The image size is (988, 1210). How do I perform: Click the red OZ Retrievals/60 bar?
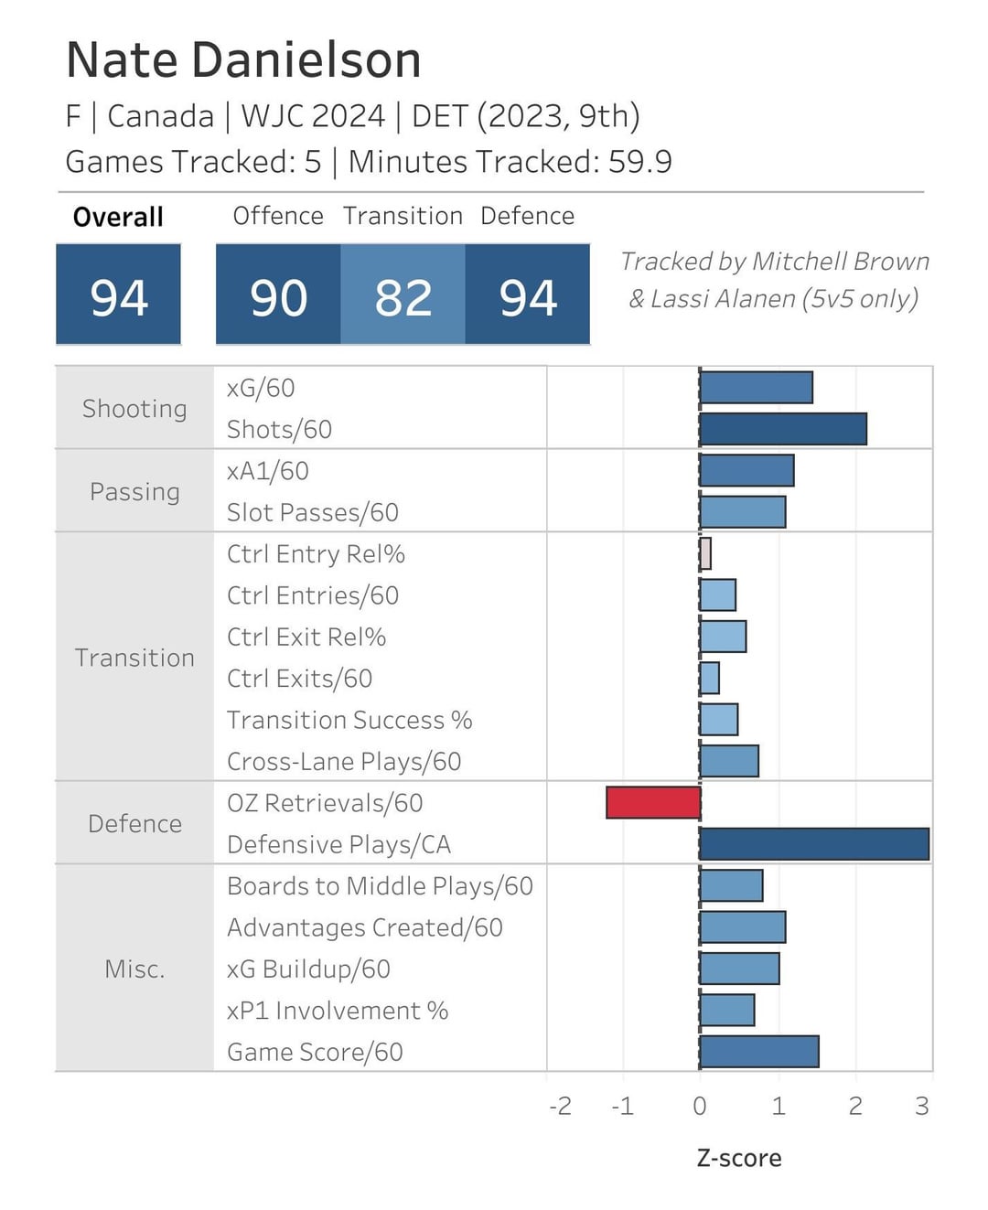tap(653, 803)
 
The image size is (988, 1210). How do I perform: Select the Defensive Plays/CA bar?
tap(814, 844)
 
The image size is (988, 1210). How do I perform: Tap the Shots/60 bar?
tap(783, 429)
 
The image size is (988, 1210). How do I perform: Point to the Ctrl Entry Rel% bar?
tap(705, 553)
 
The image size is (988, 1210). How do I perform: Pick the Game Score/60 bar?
tap(759, 1052)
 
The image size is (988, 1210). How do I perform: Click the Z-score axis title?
tap(739, 1158)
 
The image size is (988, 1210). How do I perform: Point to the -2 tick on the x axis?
tap(560, 1107)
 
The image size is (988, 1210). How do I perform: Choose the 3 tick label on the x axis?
tap(921, 1107)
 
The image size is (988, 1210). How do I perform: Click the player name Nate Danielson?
tap(243, 60)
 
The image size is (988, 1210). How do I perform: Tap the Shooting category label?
tap(134, 409)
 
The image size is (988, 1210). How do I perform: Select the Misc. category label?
tap(134, 969)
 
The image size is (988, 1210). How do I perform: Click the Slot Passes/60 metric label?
tap(313, 512)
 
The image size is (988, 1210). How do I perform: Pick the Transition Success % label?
tap(349, 720)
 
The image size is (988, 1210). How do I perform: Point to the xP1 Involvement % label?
tap(338, 1011)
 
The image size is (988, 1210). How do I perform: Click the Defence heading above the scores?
tap(527, 216)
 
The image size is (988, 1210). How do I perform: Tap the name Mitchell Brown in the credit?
tap(840, 262)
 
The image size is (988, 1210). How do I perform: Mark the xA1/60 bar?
tap(746, 471)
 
